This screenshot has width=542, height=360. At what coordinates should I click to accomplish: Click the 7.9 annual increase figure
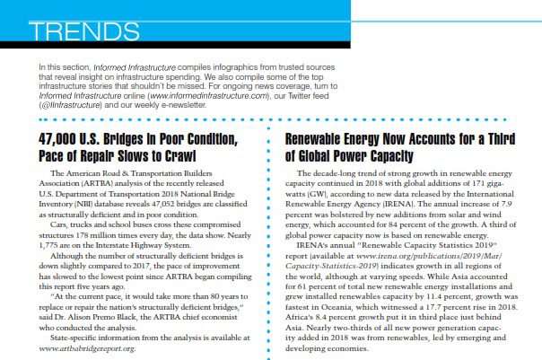(x=506, y=203)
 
